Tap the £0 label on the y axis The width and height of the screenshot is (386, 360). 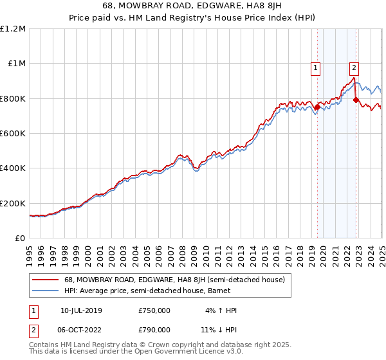pyautogui.click(x=20, y=239)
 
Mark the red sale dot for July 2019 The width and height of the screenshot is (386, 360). pyautogui.click(x=317, y=107)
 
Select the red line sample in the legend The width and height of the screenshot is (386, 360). pyautogui.click(x=46, y=280)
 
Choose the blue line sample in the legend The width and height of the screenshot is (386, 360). pyautogui.click(x=46, y=291)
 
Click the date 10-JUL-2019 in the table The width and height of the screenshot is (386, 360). pyautogui.click(x=80, y=310)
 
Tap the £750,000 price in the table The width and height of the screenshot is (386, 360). pyautogui.click(x=154, y=310)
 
